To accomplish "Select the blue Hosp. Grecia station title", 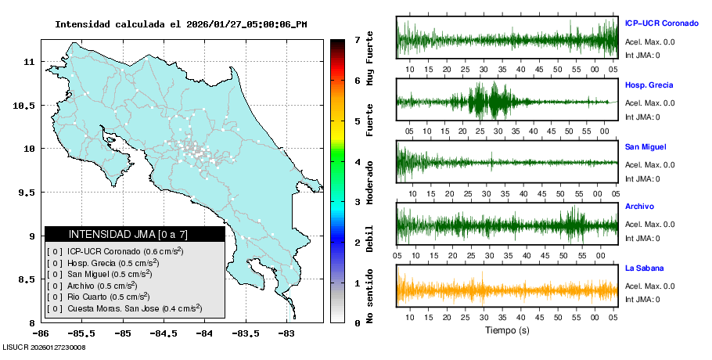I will tap(649, 85).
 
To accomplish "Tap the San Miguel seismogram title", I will tap(644, 146).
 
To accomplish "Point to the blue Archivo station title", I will tap(638, 207).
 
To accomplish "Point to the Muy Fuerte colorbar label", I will tap(369, 59).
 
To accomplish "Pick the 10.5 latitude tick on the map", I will tap(27, 106).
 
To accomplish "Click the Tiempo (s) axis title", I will tap(506, 330).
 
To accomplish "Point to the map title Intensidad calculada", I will tap(181, 24).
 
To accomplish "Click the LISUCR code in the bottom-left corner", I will tap(44, 347).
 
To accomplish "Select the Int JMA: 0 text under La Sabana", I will tap(642, 300).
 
